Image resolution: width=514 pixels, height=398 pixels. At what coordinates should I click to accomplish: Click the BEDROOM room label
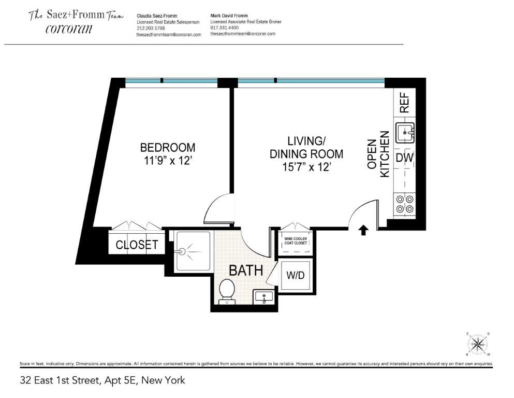pos(167,147)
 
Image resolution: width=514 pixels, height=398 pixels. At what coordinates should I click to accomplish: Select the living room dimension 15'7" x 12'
pos(306,167)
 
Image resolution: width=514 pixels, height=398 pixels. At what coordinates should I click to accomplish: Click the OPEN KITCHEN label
pos(378,154)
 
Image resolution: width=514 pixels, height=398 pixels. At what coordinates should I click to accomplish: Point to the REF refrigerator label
pos(404,103)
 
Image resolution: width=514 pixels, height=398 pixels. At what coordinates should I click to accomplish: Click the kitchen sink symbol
pos(405,133)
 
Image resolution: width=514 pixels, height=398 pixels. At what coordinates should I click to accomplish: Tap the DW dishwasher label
pos(404,158)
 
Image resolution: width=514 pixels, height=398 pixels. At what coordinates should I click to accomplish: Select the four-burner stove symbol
pos(404,203)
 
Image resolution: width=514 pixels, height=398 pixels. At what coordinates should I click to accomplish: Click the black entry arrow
pos(363,230)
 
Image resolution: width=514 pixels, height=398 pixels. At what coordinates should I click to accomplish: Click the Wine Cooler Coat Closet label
pos(296,241)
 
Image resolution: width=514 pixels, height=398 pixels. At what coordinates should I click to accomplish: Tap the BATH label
pos(246,270)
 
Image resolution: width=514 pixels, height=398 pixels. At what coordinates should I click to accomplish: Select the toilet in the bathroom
pos(227,291)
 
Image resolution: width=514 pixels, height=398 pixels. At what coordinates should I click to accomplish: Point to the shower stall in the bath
pos(193,251)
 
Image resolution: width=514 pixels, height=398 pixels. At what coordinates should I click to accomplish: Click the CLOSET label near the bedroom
pos(137,245)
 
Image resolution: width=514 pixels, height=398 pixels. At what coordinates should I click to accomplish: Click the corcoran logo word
pos(69,29)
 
